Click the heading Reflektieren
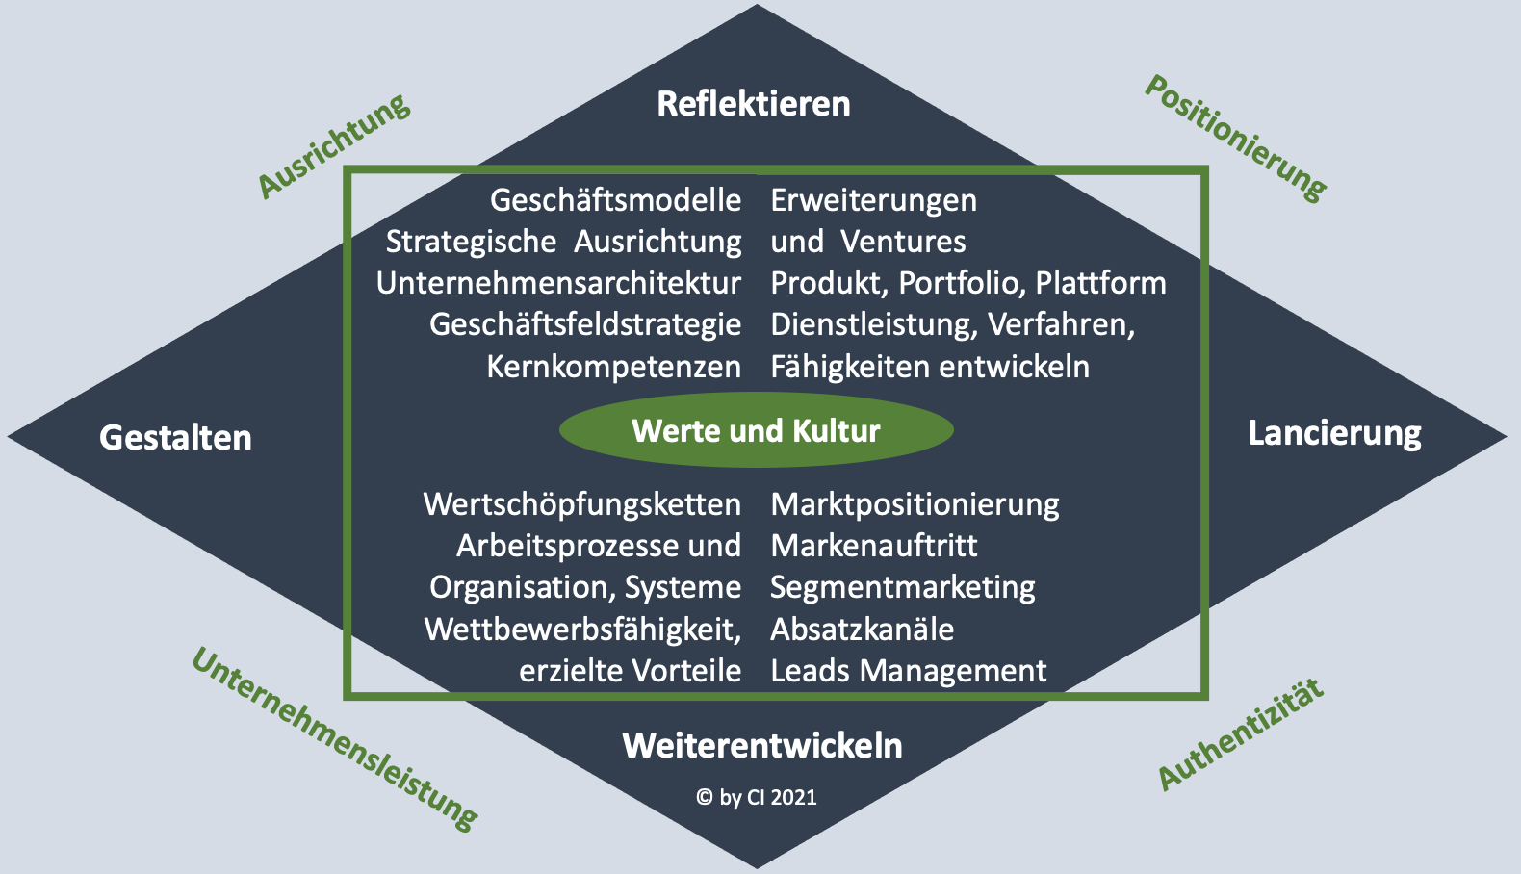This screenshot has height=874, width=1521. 754,104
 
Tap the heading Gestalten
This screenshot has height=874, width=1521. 175,438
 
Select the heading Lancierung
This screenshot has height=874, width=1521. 1334,433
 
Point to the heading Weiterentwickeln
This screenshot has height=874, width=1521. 762,745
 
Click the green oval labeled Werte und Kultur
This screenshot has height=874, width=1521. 756,430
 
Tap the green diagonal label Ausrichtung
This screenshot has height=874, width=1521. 334,145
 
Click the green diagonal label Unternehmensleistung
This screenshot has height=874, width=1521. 335,737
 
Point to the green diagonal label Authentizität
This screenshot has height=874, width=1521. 1241,733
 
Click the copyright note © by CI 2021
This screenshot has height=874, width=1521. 757,797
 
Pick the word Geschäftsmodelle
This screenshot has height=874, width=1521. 615,200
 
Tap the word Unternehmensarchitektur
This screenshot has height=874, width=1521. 558,283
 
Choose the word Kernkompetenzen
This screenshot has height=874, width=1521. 613,367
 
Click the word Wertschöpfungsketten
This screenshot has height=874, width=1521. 581,504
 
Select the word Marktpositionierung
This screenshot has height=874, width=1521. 915,504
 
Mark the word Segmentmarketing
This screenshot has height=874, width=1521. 903,587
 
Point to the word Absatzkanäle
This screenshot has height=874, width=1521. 863,630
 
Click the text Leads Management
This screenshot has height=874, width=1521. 909,671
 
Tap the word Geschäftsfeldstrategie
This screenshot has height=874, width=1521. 585,325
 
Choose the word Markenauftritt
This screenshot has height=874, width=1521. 874,546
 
